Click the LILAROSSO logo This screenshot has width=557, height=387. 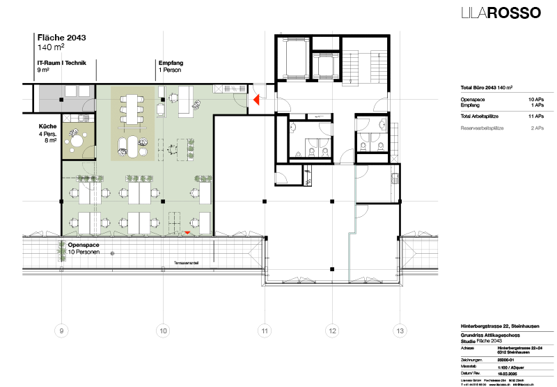coord(501,13)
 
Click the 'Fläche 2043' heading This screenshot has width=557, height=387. coord(62,38)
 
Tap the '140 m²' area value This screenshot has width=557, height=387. coord(50,48)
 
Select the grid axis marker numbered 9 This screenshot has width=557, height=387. coord(62,331)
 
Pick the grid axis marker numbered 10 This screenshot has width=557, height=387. coord(163,331)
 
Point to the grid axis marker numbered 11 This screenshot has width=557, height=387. coord(265,331)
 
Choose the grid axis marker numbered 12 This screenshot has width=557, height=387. coord(332,331)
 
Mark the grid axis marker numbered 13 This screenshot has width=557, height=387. coord(400,331)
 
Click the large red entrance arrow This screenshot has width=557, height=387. coord(256,100)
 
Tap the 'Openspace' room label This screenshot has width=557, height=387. coord(84,245)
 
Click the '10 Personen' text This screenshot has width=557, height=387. coord(84,252)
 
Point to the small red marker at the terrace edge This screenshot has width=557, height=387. coord(187,232)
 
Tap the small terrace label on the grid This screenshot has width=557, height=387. coord(187,263)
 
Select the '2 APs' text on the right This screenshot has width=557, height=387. coord(537,129)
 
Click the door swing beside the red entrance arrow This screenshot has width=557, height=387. coord(240,101)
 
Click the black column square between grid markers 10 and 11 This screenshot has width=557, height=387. coord(163,201)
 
